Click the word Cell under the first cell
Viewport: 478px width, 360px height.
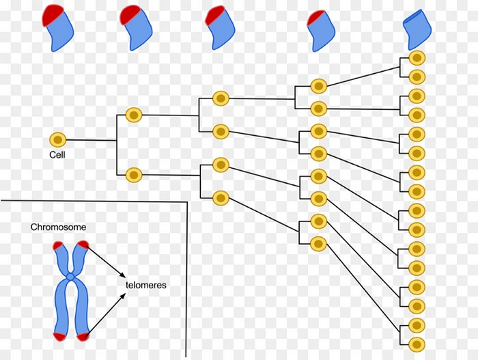(x=57, y=154)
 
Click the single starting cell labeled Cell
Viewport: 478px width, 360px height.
(x=58, y=139)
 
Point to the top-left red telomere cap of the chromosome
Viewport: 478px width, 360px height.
(x=55, y=245)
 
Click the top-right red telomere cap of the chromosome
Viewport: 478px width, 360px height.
(x=83, y=245)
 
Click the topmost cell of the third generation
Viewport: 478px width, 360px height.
(x=220, y=98)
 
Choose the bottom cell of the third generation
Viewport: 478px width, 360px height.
(x=220, y=198)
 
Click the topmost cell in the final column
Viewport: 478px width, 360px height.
(x=417, y=59)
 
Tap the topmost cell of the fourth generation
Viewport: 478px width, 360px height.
(x=318, y=86)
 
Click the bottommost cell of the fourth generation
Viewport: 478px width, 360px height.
(x=318, y=243)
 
